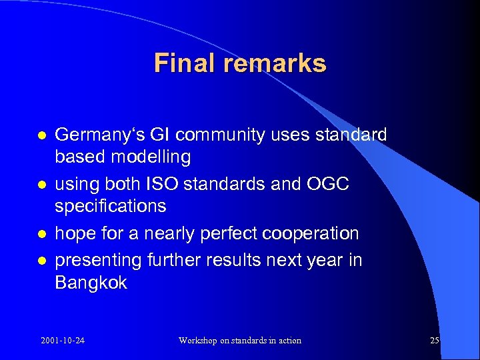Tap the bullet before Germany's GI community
pos(41,135)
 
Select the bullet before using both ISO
pos(41,185)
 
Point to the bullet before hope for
pos(41,234)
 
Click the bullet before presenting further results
pos(41,260)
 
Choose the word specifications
pos(110,207)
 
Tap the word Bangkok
pos(91,283)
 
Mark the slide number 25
pos(435,341)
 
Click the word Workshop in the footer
pos(199,341)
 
